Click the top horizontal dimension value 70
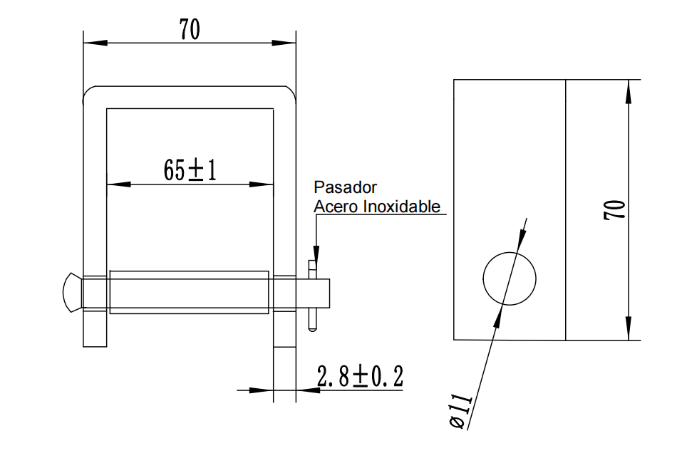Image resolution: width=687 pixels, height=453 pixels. [x=190, y=29]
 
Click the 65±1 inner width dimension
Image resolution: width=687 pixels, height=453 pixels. [x=190, y=171]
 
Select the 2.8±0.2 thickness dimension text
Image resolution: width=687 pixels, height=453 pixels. [x=360, y=376]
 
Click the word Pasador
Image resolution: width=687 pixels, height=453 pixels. [x=345, y=188]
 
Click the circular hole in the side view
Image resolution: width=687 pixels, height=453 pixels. [x=510, y=278]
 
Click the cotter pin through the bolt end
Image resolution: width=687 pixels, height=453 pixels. [x=312, y=296]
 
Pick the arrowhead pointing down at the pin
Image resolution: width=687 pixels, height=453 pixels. [x=316, y=256]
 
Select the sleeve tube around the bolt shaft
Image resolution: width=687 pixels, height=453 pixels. [x=190, y=292]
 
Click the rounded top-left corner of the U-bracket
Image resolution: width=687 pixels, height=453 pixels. [x=88, y=93]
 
